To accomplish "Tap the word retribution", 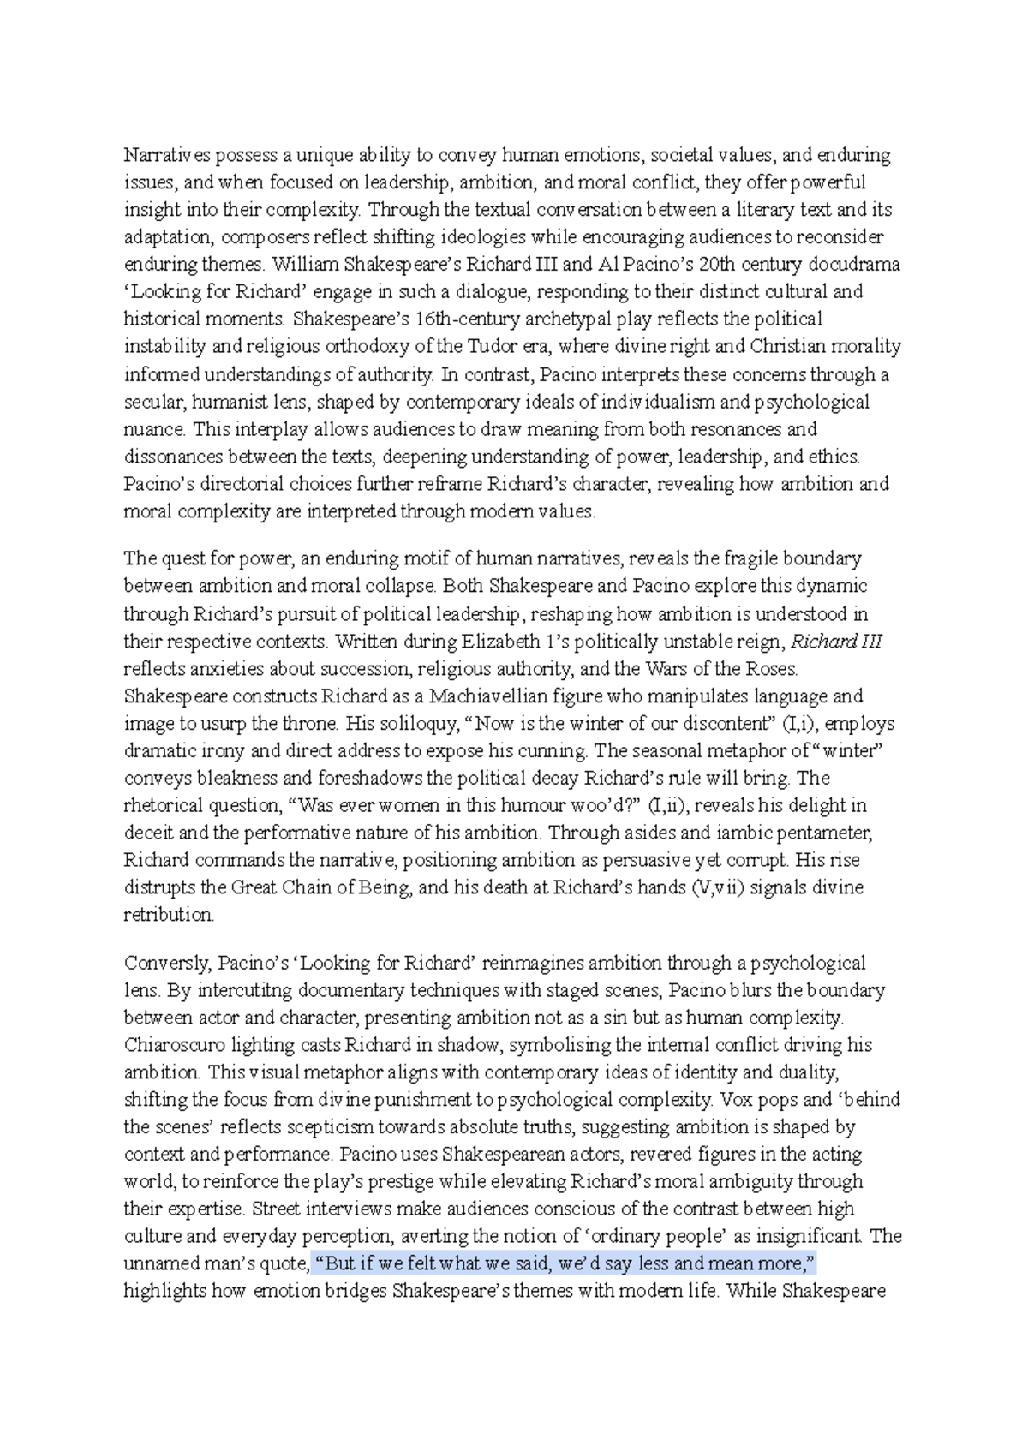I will click(x=169, y=915).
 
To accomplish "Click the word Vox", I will click(x=736, y=1100).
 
